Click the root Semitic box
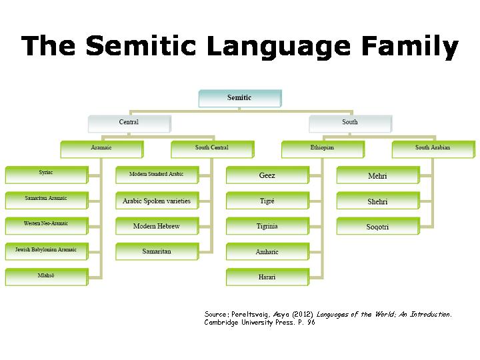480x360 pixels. pyautogui.click(x=239, y=98)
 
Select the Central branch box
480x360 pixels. pyautogui.click(x=129, y=123)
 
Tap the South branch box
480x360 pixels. pyautogui.click(x=350, y=123)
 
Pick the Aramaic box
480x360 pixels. pyautogui.click(x=101, y=148)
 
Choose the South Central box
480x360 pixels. pyautogui.click(x=212, y=148)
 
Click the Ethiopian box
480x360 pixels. pyautogui.click(x=323, y=148)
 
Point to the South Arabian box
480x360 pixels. pyautogui.click(x=433, y=148)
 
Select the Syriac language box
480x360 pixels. pyautogui.click(x=46, y=173)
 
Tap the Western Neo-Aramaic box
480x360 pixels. pyautogui.click(x=46, y=224)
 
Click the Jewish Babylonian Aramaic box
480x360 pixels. pyautogui.click(x=46, y=250)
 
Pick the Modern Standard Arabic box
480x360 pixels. pyautogui.click(x=157, y=175)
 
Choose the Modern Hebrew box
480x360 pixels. pyautogui.click(x=157, y=226)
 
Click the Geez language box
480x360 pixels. pyautogui.click(x=267, y=175)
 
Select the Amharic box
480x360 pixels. pyautogui.click(x=267, y=252)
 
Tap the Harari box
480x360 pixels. pyautogui.click(x=267, y=277)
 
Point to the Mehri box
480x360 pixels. pyautogui.click(x=377, y=176)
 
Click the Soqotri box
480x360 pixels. pyautogui.click(x=377, y=227)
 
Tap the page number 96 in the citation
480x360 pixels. pyautogui.click(x=311, y=323)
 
